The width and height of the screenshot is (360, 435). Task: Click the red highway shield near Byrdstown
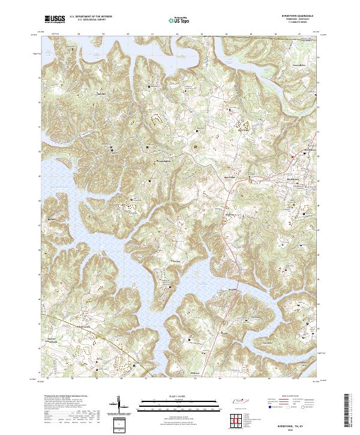pyautogui.click(x=292, y=157)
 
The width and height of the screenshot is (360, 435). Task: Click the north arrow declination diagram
pyautogui.click(x=120, y=405)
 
